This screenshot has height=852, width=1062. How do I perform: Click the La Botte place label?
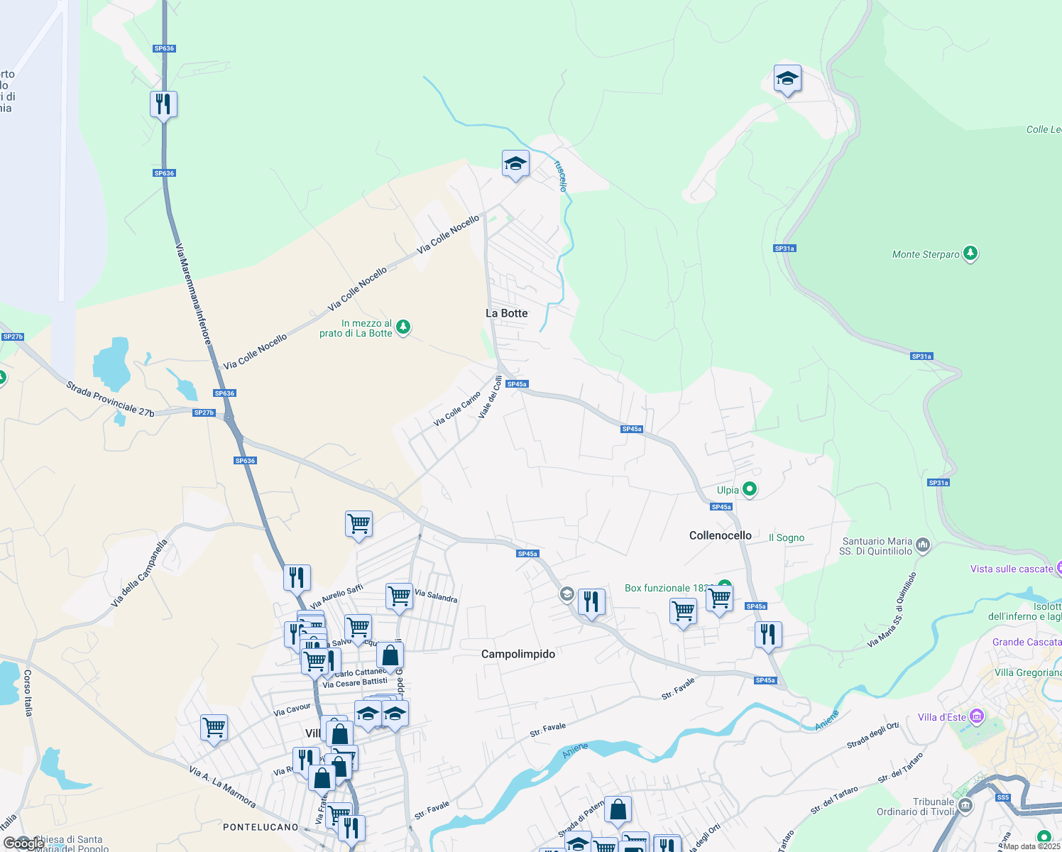pyautogui.click(x=506, y=313)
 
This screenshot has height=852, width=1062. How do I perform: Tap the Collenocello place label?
pyautogui.click(x=720, y=535)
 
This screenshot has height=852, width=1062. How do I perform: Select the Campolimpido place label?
pyautogui.click(x=518, y=654)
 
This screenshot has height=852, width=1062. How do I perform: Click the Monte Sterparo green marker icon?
pyautogui.click(x=970, y=253)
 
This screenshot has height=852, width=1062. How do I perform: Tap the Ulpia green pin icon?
pyautogui.click(x=749, y=489)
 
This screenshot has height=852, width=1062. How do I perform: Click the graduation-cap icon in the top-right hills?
pyautogui.click(x=787, y=79)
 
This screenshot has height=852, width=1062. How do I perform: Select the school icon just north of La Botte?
pyautogui.click(x=515, y=164)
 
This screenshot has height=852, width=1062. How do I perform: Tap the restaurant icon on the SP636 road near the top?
pyautogui.click(x=163, y=104)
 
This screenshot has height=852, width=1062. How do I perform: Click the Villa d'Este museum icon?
pyautogui.click(x=977, y=716)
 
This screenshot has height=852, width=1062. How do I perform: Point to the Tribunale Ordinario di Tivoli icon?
pyautogui.click(x=965, y=806)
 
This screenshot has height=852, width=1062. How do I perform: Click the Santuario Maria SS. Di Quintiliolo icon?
pyautogui.click(x=923, y=545)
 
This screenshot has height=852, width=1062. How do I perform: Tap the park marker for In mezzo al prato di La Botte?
pyautogui.click(x=403, y=327)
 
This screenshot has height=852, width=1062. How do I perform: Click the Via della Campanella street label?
pyautogui.click(x=140, y=573)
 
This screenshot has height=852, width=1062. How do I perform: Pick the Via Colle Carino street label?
pyautogui.click(x=457, y=409)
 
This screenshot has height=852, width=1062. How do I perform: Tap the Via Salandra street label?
pyautogui.click(x=436, y=596)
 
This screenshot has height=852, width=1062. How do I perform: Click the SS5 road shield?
pyautogui.click(x=1002, y=797)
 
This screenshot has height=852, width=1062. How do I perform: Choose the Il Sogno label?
pyautogui.click(x=787, y=537)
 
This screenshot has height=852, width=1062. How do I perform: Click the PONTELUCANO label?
pyautogui.click(x=261, y=827)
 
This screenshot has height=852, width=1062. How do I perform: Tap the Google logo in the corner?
pyautogui.click(x=23, y=843)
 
